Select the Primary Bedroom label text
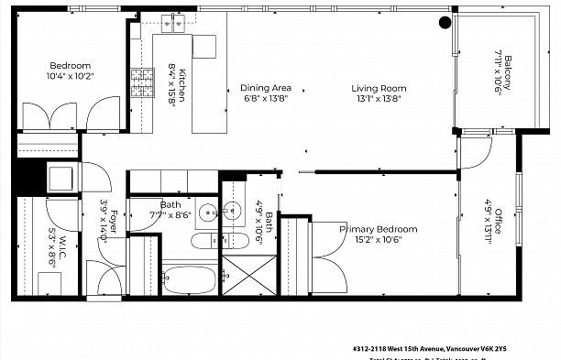pyautogui.click(x=373, y=229)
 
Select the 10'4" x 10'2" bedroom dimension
pyautogui.click(x=69, y=77)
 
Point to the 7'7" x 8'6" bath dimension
pyautogui.click(x=170, y=216)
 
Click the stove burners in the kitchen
pyautogui.click(x=141, y=83)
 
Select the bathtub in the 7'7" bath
pyautogui.click(x=190, y=278)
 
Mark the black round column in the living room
pyautogui.click(x=445, y=22)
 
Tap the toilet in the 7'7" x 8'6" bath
pyautogui.click(x=202, y=243)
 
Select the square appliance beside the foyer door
pyautogui.click(x=61, y=176)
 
